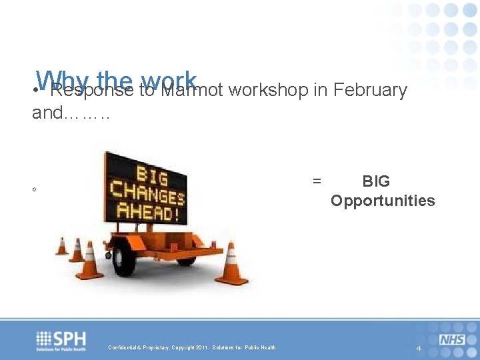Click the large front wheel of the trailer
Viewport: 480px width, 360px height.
(x=125, y=257)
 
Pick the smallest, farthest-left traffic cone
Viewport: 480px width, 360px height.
(x=62, y=246)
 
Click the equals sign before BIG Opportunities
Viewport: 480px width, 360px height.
(x=317, y=181)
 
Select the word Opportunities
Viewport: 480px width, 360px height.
(x=383, y=201)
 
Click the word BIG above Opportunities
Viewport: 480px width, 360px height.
(x=376, y=181)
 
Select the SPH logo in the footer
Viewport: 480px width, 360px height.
(x=61, y=340)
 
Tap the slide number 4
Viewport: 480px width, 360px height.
(x=418, y=349)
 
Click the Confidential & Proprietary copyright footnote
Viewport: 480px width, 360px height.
(x=192, y=347)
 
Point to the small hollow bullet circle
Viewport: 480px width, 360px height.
(x=34, y=191)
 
